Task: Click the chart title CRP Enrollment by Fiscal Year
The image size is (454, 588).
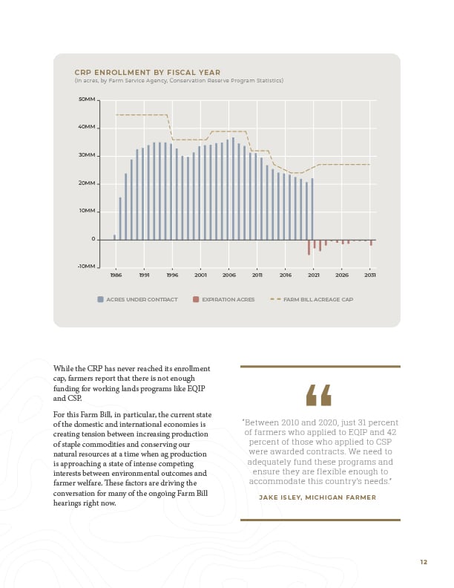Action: point(147,72)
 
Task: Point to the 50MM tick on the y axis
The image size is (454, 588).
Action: point(87,99)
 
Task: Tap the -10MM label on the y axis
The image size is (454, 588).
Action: point(87,267)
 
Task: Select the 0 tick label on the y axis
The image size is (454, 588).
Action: point(93,239)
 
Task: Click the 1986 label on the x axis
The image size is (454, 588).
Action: point(116,275)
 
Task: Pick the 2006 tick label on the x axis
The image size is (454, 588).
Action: point(229,275)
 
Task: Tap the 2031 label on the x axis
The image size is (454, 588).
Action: point(370,275)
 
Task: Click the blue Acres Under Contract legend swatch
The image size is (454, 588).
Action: point(100,299)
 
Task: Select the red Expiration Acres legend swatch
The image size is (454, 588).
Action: point(196,299)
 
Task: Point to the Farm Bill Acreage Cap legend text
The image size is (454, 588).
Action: point(318,299)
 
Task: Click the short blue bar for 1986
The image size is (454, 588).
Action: point(115,238)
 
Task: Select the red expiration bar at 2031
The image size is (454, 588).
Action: point(371,243)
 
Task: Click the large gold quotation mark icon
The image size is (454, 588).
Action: point(319,395)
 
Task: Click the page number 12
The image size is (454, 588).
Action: point(424,562)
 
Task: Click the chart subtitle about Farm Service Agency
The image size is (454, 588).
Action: point(179,81)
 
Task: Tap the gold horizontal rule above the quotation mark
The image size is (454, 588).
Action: point(320,366)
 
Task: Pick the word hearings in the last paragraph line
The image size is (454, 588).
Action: point(67,503)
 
